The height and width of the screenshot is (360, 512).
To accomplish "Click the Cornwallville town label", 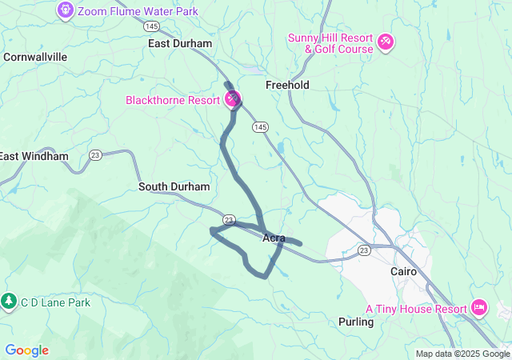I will point(35,57).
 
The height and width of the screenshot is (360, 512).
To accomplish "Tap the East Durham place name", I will point(180,43).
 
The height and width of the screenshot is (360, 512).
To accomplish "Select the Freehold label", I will point(287,85).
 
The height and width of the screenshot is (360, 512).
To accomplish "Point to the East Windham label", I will point(34,156).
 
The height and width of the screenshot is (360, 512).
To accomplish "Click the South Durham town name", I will point(174,186).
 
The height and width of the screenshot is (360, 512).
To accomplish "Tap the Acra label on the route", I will point(274,238).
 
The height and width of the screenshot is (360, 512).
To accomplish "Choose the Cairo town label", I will point(403,271).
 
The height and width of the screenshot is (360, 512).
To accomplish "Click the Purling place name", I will point(356,322).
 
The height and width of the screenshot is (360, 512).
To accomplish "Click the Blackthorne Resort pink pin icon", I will point(232,99).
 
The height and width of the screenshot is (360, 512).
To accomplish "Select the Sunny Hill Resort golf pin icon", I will point(385,40).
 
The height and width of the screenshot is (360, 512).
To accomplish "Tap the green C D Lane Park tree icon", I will point(9,302).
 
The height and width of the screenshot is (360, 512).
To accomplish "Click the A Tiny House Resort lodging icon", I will point(479,307).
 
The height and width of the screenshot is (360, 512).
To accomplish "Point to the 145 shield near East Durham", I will point(151,26).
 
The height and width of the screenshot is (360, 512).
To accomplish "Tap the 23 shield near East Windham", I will point(96,155).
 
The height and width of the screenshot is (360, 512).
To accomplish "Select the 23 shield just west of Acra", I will point(229,218).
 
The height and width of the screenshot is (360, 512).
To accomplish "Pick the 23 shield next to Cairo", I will point(365,250).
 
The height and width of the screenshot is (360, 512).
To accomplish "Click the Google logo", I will point(26,350).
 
